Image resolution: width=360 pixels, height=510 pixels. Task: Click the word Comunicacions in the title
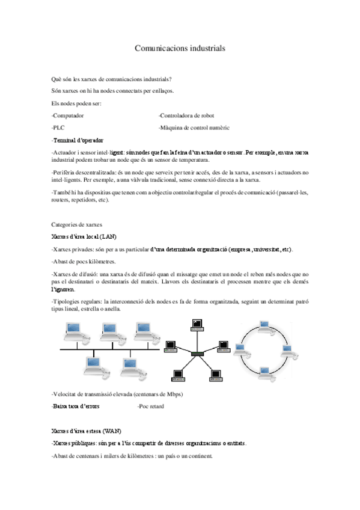(156, 47)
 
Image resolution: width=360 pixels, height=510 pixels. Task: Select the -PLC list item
(58, 127)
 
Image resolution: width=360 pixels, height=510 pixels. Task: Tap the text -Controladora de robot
(186, 115)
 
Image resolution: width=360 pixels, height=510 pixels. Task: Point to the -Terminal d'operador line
(78, 140)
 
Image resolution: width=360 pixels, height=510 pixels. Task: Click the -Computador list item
(68, 115)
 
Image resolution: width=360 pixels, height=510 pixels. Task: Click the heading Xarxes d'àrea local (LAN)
(87, 236)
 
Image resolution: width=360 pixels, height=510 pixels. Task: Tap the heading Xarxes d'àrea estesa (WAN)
(87, 431)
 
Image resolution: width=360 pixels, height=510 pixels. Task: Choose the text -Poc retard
(150, 407)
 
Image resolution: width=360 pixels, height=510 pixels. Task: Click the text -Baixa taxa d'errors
(76, 407)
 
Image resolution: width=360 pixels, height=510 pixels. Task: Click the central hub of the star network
(197, 353)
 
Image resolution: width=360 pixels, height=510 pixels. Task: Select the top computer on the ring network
(263, 325)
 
